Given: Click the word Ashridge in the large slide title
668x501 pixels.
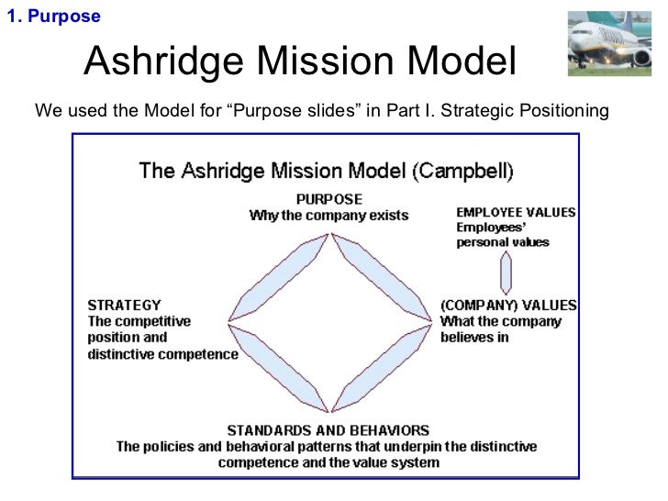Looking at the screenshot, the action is point(164,62).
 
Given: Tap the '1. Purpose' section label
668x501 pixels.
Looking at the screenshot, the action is point(53,17).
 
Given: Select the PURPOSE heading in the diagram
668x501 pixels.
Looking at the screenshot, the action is point(329,199).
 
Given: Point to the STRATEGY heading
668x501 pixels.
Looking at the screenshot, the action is point(124,306).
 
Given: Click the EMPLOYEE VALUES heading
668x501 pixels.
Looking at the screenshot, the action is point(516,213).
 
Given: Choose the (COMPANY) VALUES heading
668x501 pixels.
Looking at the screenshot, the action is point(508,306).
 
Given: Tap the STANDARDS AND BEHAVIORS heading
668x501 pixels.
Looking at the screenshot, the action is point(328,429).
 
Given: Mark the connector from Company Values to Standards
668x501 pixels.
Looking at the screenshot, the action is point(381,368).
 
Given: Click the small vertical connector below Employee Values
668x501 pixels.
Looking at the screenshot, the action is point(506,273).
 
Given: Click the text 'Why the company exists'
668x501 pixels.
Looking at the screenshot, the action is point(328,216).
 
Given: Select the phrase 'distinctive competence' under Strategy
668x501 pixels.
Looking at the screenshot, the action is point(162,354).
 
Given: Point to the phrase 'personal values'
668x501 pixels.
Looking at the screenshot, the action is point(503,243).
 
